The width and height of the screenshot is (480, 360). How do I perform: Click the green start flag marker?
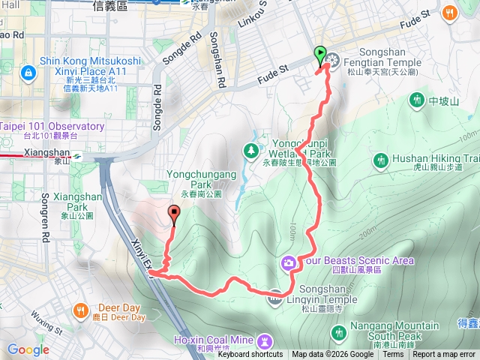click(321, 55)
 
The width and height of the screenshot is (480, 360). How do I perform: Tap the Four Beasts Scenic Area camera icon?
click(288, 262)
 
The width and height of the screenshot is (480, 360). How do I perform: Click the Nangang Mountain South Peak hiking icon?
click(339, 331)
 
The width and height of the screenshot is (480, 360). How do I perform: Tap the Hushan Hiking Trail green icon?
click(381, 159)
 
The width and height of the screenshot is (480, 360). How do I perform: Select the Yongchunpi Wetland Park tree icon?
click(250, 152)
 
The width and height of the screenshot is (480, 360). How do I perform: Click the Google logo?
click(28, 349)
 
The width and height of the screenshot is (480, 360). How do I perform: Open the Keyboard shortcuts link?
click(250, 355)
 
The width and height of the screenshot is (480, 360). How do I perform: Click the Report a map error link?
click(445, 355)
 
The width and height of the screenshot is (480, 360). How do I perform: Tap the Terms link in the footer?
click(393, 355)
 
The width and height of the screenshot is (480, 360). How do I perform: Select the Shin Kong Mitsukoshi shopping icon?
click(28, 73)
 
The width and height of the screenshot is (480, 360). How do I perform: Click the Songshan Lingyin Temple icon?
click(275, 295)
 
